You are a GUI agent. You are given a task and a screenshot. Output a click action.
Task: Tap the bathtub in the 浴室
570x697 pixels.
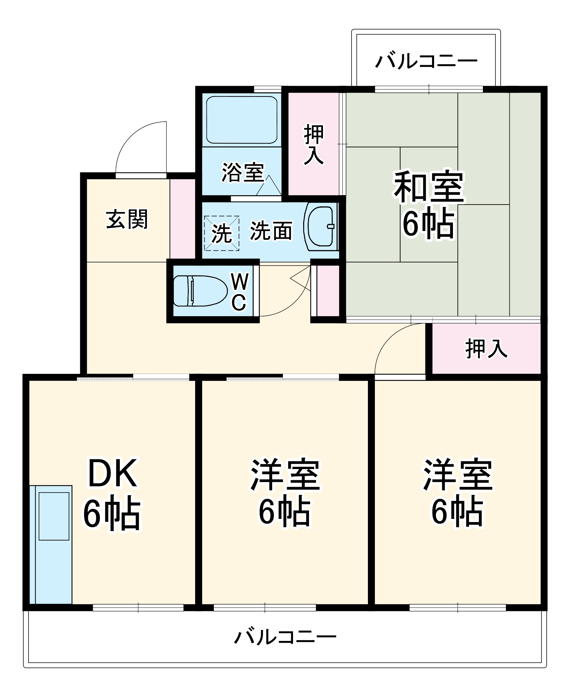(242, 120)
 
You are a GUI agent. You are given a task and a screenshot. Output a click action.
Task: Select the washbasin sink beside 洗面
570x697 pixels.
(321, 227)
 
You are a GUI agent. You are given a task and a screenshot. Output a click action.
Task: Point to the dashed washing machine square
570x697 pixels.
(222, 233)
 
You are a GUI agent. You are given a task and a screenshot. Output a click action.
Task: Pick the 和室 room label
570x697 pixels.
(429, 187)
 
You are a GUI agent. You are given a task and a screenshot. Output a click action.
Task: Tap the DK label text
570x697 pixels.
(112, 473)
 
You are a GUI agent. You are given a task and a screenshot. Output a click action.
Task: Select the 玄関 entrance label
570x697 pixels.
(127, 220)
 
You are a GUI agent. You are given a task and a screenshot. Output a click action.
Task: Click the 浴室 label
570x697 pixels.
(243, 172)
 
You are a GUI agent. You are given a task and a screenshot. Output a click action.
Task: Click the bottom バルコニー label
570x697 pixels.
(285, 637)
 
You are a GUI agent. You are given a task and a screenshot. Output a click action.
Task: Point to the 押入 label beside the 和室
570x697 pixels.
(314, 144)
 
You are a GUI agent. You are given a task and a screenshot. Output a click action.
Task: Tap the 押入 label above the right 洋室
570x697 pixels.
(486, 348)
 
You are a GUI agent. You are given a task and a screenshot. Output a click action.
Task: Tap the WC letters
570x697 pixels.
(240, 292)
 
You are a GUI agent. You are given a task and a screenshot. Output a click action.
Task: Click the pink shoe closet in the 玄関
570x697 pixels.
(183, 219)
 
